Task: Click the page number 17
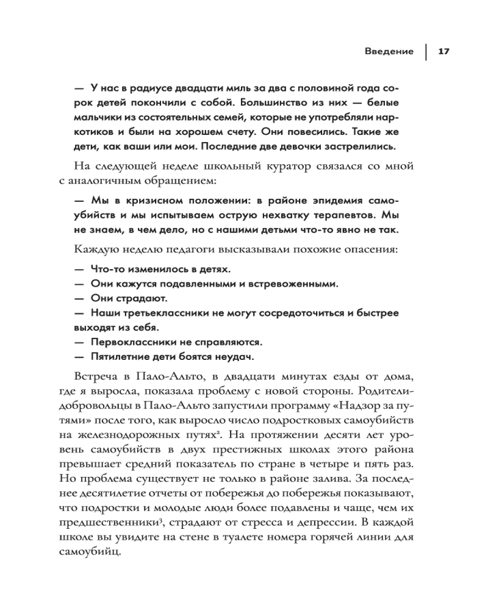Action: click(443, 51)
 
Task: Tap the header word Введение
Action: click(386, 51)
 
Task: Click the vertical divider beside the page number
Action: click(425, 51)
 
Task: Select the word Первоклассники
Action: click(134, 342)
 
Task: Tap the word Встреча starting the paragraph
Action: click(96, 376)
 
